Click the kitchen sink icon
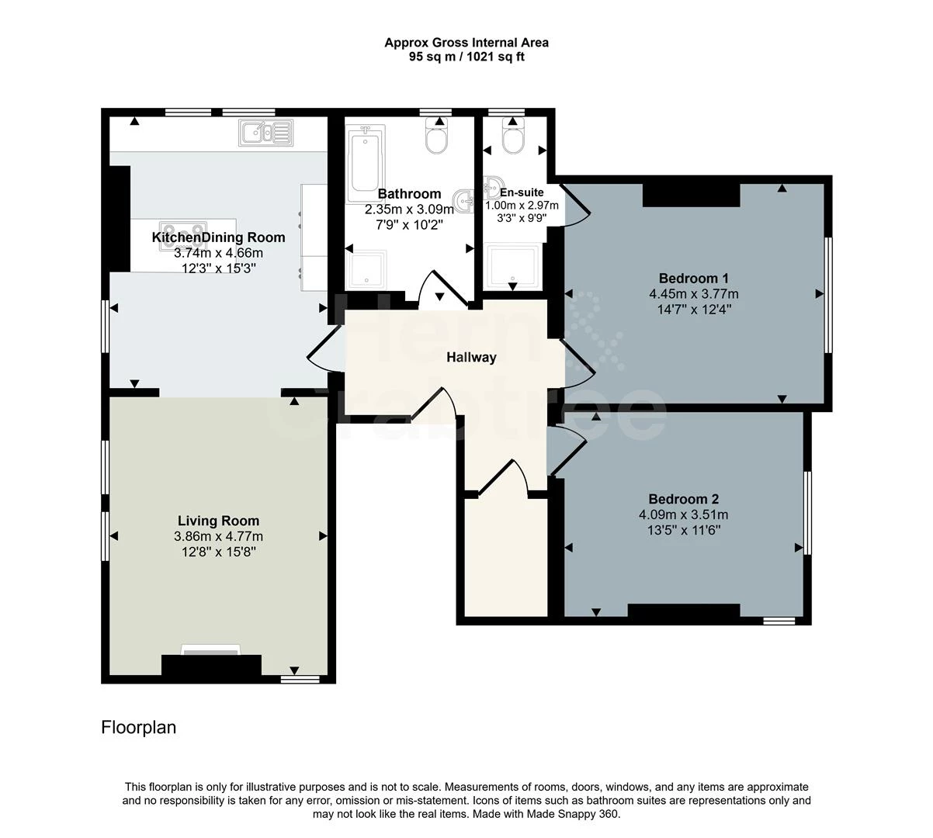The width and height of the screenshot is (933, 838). tap(265, 133)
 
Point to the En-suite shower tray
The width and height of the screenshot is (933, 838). tap(512, 266)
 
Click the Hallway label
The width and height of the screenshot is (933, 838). tap(470, 358)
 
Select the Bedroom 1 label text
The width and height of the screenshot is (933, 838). tap(693, 279)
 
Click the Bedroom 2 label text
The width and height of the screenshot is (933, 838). tap(683, 499)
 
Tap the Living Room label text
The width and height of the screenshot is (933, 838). tap(218, 521)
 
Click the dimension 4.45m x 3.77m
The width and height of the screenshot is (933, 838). tap(693, 294)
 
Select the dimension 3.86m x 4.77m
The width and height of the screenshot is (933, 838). tap(218, 536)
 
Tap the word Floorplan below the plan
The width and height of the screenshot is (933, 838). tap(138, 728)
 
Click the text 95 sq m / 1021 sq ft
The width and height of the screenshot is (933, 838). tap(466, 57)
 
